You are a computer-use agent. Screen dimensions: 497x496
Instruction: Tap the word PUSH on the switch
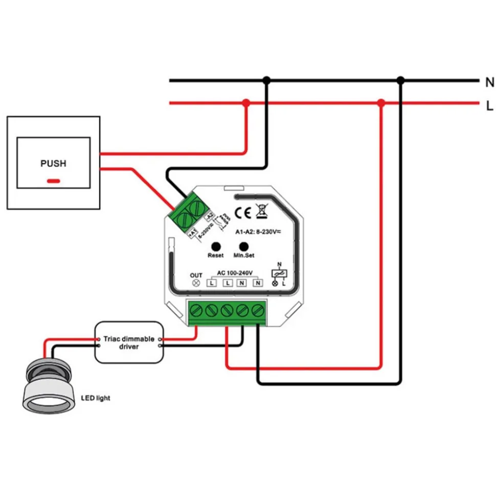coord(53,164)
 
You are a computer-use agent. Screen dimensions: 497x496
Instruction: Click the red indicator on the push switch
coord(53,181)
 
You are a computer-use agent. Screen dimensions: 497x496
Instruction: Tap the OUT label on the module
coord(196,275)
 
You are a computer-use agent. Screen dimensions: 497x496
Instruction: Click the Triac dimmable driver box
coord(129,342)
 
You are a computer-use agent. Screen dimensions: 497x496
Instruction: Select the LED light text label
coord(96,398)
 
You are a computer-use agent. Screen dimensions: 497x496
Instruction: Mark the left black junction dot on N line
coord(266,80)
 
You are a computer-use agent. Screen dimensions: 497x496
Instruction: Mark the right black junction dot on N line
coord(401,80)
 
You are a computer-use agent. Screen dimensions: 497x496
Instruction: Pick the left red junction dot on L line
coord(246,103)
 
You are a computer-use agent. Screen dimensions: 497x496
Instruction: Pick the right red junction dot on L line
coord(380,103)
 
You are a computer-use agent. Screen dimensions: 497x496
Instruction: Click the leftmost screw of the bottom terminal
coord(195,310)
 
